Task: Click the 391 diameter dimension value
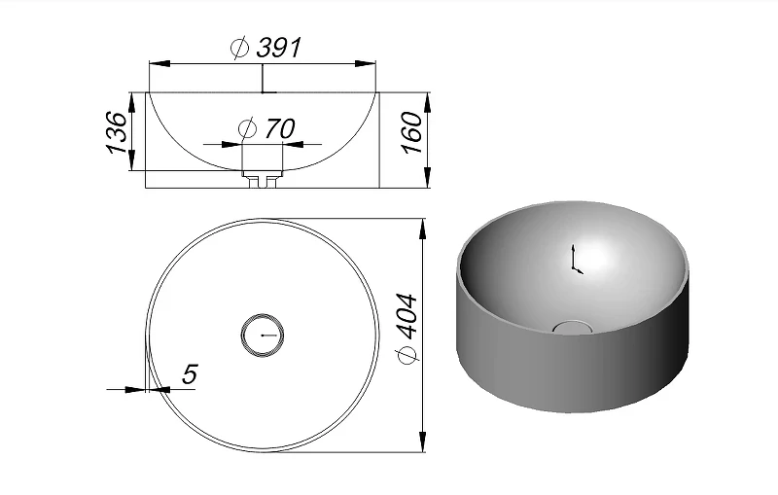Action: point(279,48)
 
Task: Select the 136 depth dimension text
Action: point(117,132)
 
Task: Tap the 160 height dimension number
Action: point(412,132)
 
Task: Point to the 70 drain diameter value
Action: point(280,128)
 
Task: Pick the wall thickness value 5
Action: point(190,374)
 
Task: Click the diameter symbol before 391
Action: point(240,48)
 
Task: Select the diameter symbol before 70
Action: point(247,129)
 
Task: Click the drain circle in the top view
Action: point(263,314)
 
